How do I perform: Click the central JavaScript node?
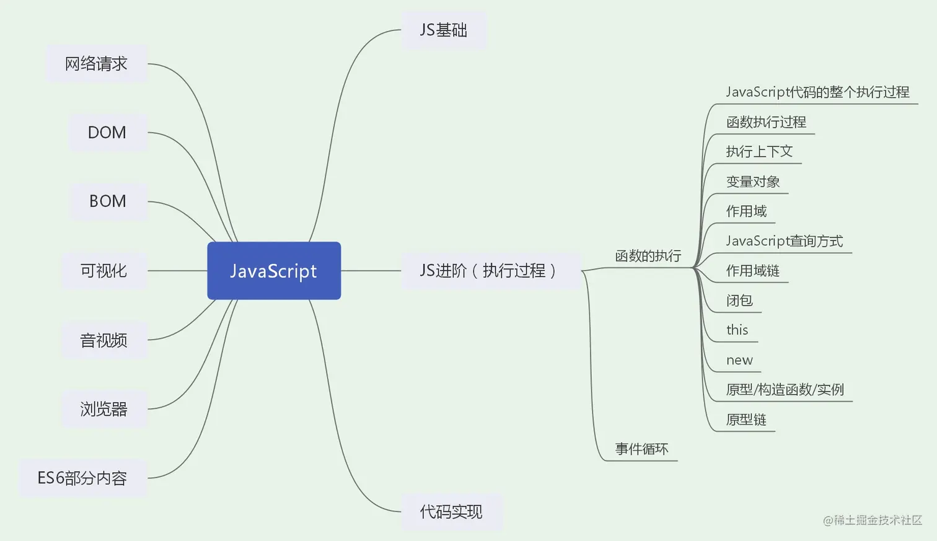pyautogui.click(x=273, y=271)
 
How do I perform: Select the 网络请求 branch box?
pyautogui.click(x=97, y=64)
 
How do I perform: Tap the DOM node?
pyautogui.click(x=107, y=133)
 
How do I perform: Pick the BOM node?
pyautogui.click(x=108, y=201)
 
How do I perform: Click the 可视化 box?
pyautogui.click(x=103, y=271)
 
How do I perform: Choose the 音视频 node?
pyautogui.click(x=103, y=340)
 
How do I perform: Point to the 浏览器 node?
pyautogui.click(x=103, y=409)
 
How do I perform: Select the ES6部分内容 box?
pyautogui.click(x=82, y=478)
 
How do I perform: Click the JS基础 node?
pyautogui.click(x=443, y=30)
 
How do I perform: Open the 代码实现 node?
pyautogui.click(x=451, y=512)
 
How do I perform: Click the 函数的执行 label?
pyautogui.click(x=648, y=256)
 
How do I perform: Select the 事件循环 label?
pyautogui.click(x=641, y=449)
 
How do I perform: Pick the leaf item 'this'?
pyautogui.click(x=737, y=330)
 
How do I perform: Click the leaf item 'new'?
pyautogui.click(x=739, y=361)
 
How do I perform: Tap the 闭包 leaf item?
pyautogui.click(x=739, y=301)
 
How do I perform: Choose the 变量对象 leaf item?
pyautogui.click(x=753, y=182)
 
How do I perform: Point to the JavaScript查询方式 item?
pyautogui.click(x=784, y=241)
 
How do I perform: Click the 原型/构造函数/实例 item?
pyautogui.click(x=785, y=390)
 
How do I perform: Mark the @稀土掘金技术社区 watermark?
pyautogui.click(x=872, y=521)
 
